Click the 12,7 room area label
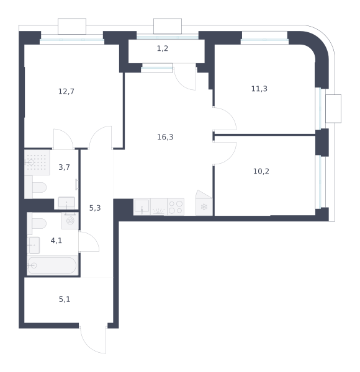coord(66,91)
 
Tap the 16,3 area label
coord(165,137)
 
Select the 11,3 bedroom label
coord(259,89)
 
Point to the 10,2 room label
coord(261,171)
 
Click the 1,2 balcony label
coord(163,48)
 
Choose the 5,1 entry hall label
coord(65,299)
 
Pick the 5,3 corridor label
coord(95,208)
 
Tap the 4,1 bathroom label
coord(56,241)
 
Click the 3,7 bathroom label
coord(64,167)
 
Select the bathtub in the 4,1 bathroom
coord(52,265)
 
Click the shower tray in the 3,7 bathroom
coord(37,162)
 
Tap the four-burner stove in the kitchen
coord(176,207)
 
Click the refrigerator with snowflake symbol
coord(204,207)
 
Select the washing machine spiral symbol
coord(70,221)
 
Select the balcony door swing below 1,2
coord(185,79)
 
